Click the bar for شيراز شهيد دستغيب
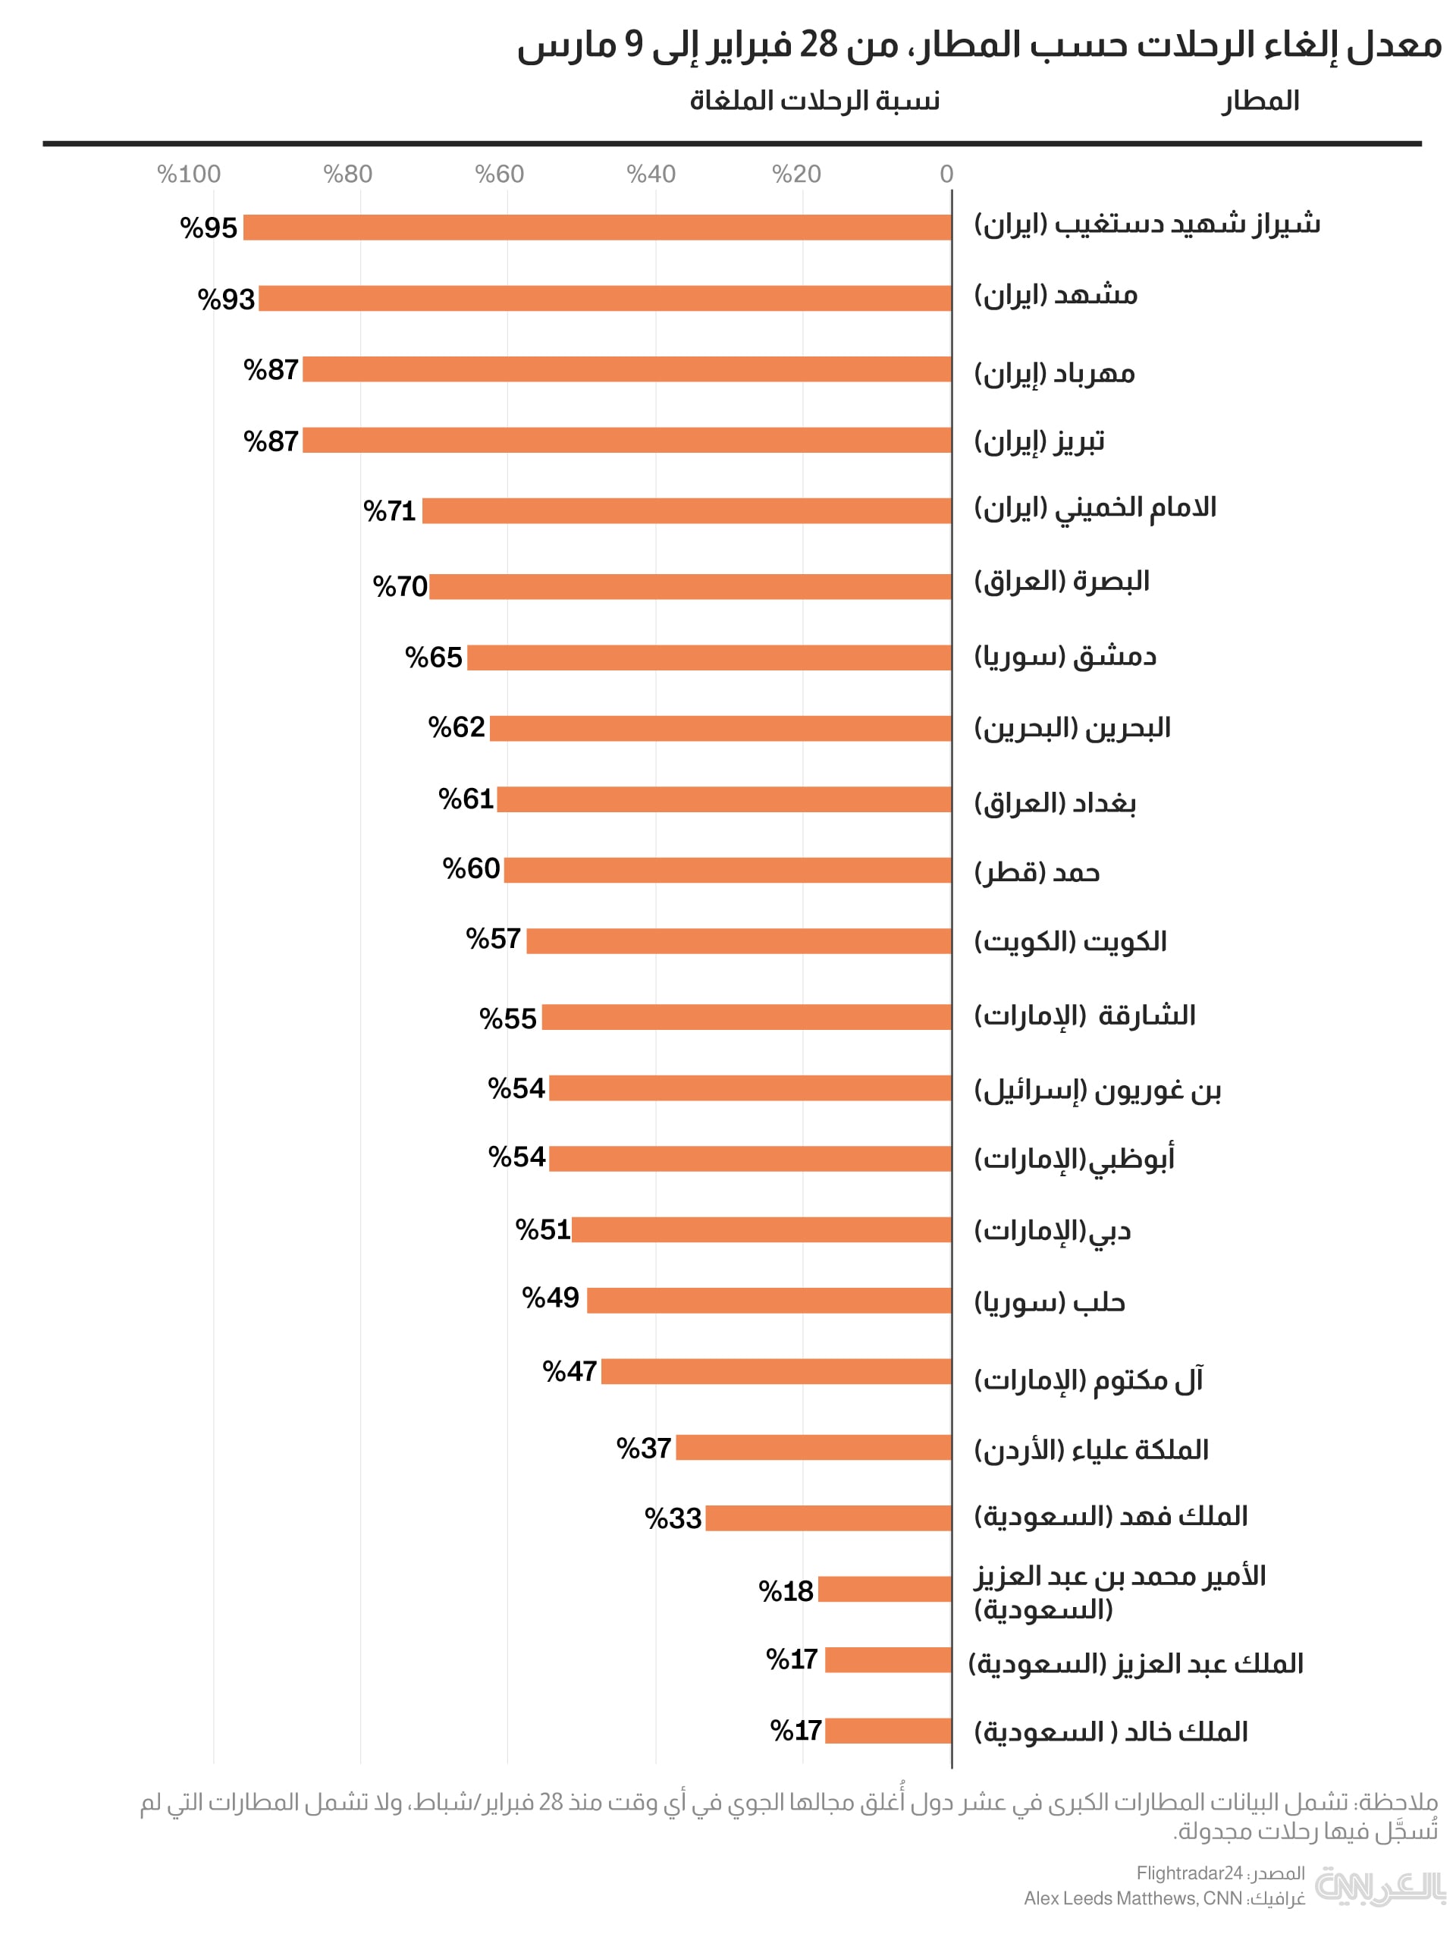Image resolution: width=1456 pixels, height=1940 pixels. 597,228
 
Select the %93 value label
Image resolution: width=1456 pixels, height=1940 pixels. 225,300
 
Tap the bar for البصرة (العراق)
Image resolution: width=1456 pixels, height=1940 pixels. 689,587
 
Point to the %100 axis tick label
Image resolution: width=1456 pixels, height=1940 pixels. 189,174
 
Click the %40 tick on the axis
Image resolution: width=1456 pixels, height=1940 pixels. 651,174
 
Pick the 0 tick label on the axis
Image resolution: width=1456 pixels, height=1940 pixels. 946,174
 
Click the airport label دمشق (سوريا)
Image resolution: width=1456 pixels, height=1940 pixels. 1065,657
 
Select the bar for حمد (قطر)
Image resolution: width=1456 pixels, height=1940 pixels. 727,870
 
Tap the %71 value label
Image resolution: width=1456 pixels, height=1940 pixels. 390,511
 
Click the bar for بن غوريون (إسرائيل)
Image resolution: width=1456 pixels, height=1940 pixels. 750,1088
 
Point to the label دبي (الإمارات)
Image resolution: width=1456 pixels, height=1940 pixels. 1052,1230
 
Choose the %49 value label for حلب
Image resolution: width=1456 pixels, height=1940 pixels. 550,1297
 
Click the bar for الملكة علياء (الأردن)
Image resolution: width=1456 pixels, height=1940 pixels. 813,1448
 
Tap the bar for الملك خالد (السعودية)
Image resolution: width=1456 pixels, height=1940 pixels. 888,1731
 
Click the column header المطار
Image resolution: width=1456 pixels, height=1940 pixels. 1260,101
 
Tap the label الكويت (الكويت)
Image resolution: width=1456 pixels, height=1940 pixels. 1070,941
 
